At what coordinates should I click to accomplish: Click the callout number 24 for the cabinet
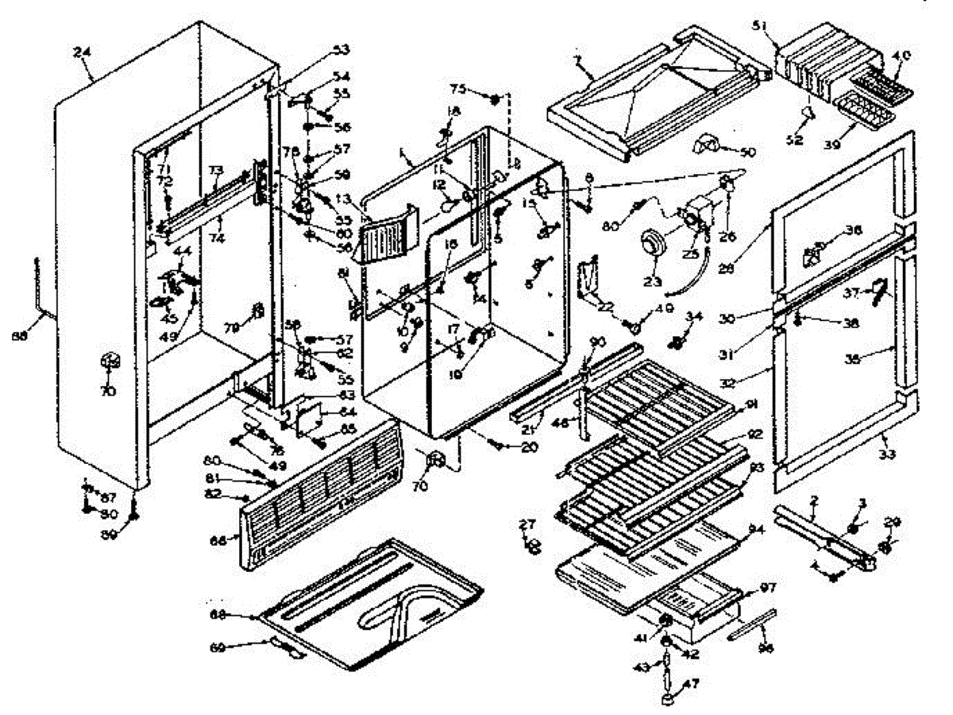click(x=82, y=52)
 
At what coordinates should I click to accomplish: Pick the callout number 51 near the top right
click(x=760, y=26)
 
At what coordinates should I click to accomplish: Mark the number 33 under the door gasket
click(x=888, y=455)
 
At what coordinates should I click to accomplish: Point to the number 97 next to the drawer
click(x=766, y=587)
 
